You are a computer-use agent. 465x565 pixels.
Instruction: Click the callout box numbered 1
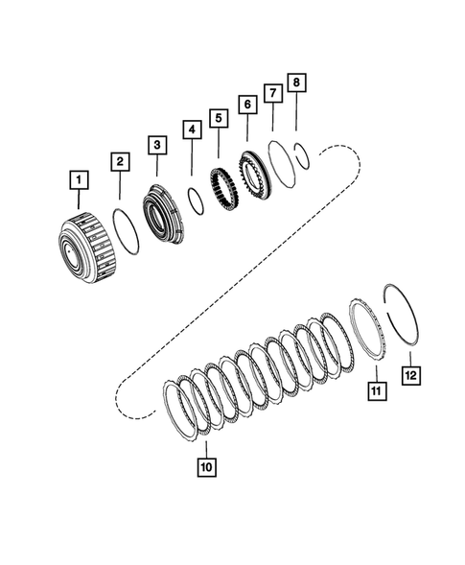[x=74, y=178]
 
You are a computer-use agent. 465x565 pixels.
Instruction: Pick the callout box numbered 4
[x=192, y=129]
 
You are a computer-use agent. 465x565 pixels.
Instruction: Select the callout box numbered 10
[x=205, y=467]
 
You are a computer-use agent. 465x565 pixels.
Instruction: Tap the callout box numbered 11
[x=375, y=389]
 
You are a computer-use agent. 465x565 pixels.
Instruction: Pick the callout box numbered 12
[x=411, y=377]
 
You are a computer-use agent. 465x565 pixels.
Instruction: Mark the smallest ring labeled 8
[x=300, y=151]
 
